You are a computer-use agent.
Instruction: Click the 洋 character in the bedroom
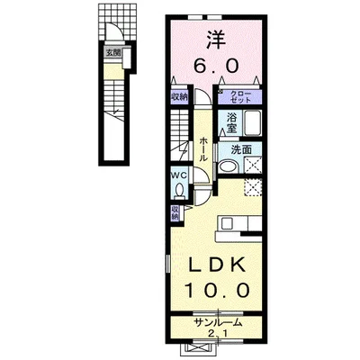coord(214,40)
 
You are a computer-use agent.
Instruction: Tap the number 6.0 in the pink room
coord(214,66)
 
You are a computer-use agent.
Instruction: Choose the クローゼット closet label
coord(240,97)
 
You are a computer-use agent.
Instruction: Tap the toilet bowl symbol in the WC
coord(179,192)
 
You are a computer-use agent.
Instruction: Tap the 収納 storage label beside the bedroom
coord(180,97)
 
